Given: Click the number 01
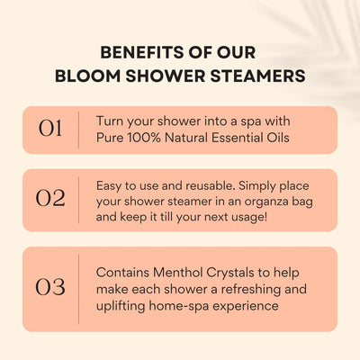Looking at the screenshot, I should click(50, 129).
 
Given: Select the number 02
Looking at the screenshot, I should click(50, 199).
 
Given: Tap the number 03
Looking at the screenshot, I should click(50, 288).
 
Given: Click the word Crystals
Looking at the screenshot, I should click(238, 271).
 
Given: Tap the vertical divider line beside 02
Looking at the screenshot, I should click(82, 199).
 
